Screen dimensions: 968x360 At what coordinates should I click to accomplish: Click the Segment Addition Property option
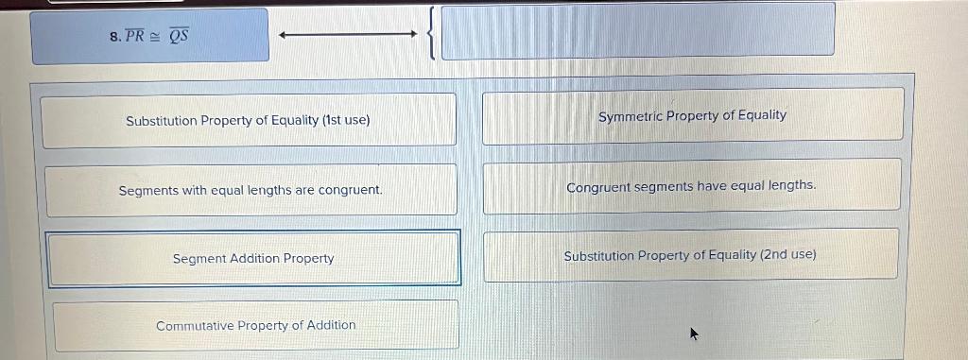pos(253,258)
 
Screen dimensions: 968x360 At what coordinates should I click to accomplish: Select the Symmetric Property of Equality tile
pos(692,115)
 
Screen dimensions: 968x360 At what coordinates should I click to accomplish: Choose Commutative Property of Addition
pos(256,325)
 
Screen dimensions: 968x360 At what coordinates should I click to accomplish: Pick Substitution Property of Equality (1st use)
pos(248,121)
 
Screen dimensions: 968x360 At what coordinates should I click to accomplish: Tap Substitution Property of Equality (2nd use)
pos(690,255)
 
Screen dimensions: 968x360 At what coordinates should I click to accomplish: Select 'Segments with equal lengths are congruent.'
pos(251,190)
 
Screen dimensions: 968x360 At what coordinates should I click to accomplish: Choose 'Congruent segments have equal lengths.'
pos(691,186)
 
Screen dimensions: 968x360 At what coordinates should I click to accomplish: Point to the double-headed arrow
pos(348,36)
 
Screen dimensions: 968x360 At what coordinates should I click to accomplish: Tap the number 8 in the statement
pos(113,37)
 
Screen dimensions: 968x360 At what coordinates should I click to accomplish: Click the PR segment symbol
pos(134,36)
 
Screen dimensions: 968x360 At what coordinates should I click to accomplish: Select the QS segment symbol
pos(179,36)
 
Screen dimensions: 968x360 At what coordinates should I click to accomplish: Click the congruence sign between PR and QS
pos(155,37)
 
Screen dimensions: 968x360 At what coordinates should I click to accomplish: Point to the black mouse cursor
pos(695,333)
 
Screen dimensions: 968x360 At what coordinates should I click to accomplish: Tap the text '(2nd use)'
pos(788,255)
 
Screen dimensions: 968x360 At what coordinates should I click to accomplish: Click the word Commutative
pos(195,325)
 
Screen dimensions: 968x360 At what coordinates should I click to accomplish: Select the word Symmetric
pos(630,115)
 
